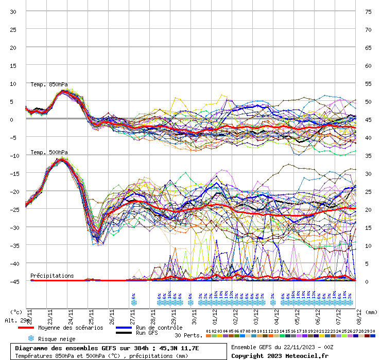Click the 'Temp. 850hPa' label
(49, 84)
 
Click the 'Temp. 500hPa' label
(49, 152)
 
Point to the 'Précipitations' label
(52, 276)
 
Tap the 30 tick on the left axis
(13, 11)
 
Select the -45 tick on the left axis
(12, 281)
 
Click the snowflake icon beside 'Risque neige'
(30, 338)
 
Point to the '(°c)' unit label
(16, 312)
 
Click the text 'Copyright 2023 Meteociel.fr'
(280, 355)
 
